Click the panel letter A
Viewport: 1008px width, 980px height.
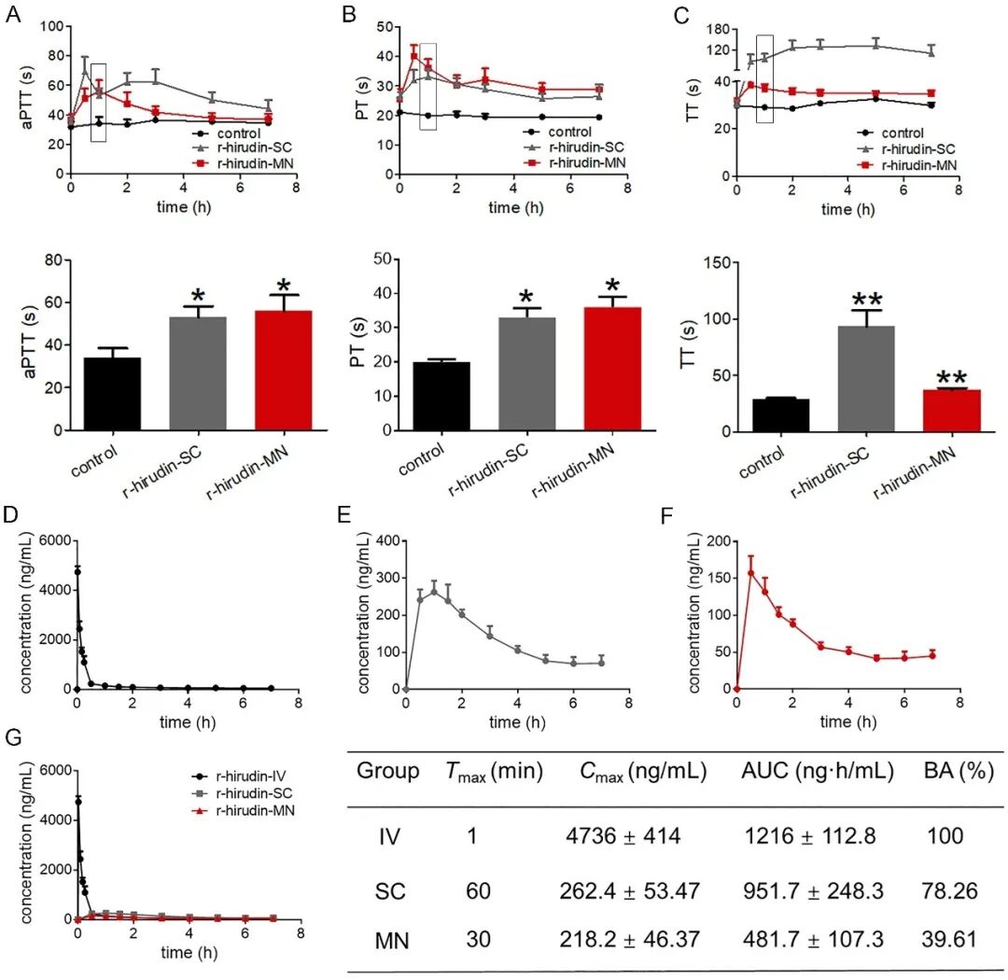point(14,16)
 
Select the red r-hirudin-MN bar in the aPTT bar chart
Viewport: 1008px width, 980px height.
point(290,370)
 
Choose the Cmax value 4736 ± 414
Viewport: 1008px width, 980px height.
point(623,835)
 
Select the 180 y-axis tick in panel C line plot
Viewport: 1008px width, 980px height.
point(717,28)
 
